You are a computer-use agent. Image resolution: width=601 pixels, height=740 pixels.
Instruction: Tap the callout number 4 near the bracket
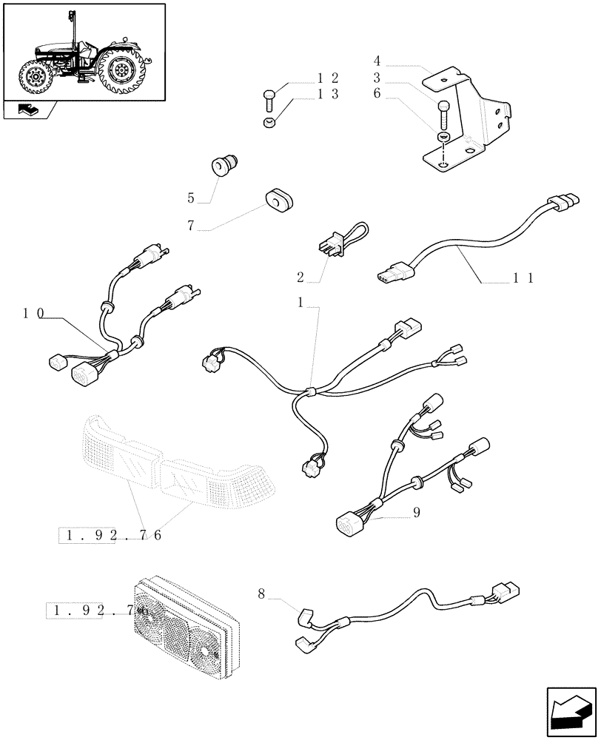coord(377,61)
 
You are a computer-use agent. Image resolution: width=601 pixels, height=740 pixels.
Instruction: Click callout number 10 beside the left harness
coord(33,314)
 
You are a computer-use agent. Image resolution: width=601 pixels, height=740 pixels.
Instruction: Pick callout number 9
coord(416,511)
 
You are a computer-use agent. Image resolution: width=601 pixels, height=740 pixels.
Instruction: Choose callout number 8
coord(261,593)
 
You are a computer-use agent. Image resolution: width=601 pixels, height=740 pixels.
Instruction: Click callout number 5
coord(191,198)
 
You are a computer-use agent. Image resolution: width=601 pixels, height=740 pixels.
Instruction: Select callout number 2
coord(300,277)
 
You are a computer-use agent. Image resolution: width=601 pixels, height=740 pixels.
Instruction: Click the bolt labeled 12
coord(269,96)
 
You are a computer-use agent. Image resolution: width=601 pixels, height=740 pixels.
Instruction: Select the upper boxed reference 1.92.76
coord(111,535)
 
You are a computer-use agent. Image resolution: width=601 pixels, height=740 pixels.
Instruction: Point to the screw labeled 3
coord(443,115)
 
